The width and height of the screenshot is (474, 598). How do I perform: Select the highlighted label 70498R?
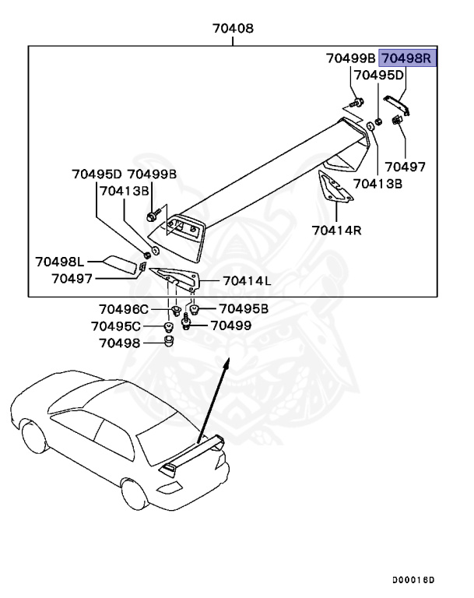coord(409,58)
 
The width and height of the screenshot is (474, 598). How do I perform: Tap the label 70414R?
coord(335,230)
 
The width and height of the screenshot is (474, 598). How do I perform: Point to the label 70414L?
coord(246,280)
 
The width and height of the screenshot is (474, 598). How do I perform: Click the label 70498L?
coord(61,262)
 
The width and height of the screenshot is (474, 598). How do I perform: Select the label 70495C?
coord(116,325)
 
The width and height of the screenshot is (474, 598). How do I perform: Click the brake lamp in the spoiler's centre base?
coord(183,227)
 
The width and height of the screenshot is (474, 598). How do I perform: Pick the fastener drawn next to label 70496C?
coord(175,312)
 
